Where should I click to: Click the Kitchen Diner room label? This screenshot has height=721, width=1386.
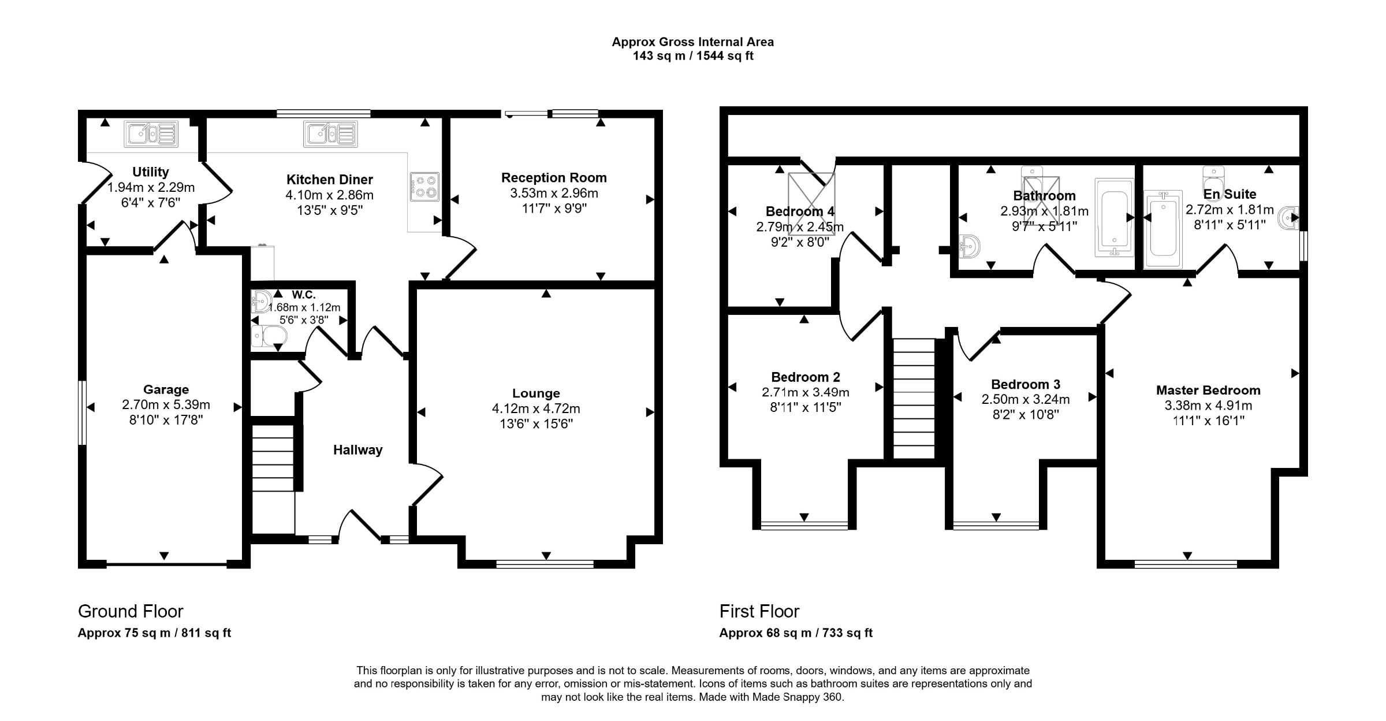coord(330,180)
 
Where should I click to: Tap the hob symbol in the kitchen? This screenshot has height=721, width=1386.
coord(424,187)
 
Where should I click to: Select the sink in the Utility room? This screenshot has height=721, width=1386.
coord(151,135)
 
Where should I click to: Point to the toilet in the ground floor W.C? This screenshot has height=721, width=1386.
coord(269,336)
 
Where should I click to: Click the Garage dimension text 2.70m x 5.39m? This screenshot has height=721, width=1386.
coord(166,405)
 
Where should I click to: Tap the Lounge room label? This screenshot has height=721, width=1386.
coord(536,393)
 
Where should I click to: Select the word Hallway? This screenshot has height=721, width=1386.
coord(357,450)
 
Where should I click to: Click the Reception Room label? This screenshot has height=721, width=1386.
coord(553,178)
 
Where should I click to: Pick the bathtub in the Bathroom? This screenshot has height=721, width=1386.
coord(1114,217)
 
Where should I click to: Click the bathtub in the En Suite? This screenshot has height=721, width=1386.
coord(1163,230)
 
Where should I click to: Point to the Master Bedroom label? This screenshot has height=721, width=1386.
coord(1208,391)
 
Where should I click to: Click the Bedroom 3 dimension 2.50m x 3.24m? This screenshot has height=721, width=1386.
coord(1025,400)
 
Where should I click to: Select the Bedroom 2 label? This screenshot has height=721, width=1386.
coord(805,378)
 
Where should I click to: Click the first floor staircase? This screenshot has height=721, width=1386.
coord(914,399)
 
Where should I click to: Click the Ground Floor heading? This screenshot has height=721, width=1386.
coord(131,611)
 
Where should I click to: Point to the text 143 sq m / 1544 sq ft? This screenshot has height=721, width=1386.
coord(692,56)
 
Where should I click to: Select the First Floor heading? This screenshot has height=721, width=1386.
coord(759,611)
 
